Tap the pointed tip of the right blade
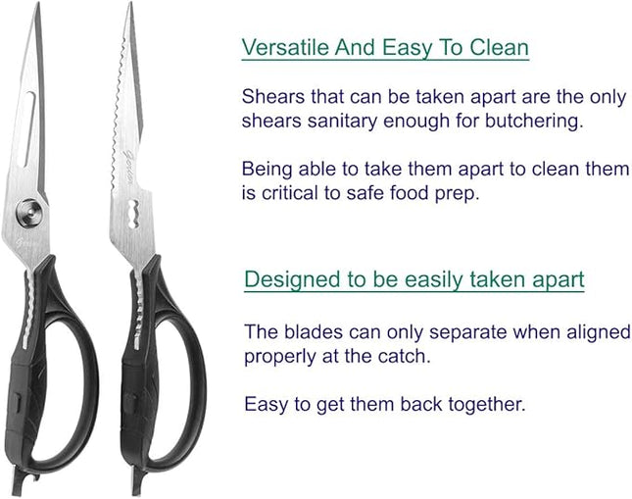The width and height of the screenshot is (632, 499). pyautogui.click(x=131, y=6)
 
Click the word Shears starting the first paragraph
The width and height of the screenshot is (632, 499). pyautogui.click(x=268, y=97)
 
